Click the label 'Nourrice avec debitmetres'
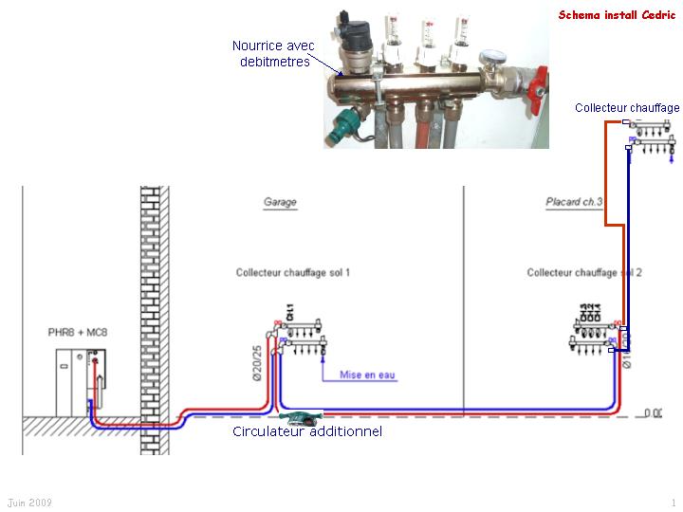[x=272, y=53]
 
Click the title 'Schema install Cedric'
[x=617, y=15]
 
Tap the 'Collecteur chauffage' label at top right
[x=627, y=108]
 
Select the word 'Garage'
[x=280, y=202]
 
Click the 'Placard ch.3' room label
[x=574, y=202]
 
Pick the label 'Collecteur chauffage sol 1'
[x=293, y=273]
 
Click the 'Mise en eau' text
[x=368, y=375]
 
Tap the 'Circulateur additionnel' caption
[x=307, y=431]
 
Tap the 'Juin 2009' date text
[x=29, y=502]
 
